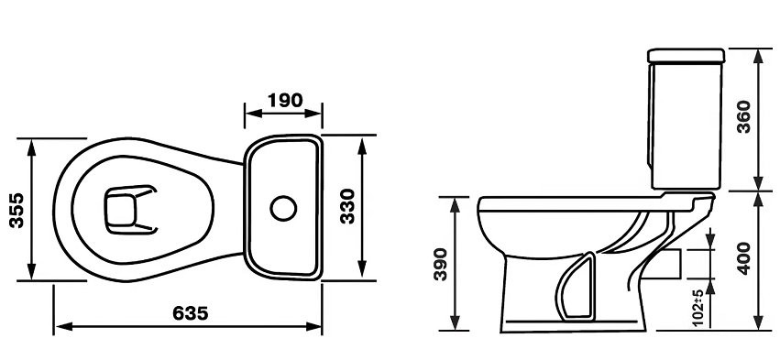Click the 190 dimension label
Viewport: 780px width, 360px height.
click(285, 100)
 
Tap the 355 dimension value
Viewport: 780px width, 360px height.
click(16, 211)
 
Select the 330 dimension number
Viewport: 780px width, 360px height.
click(347, 206)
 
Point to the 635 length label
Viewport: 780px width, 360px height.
click(191, 313)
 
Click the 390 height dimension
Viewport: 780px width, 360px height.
click(441, 264)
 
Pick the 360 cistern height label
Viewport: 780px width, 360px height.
click(743, 117)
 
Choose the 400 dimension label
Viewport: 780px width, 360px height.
click(743, 258)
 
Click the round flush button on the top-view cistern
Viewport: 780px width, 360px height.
click(283, 208)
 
